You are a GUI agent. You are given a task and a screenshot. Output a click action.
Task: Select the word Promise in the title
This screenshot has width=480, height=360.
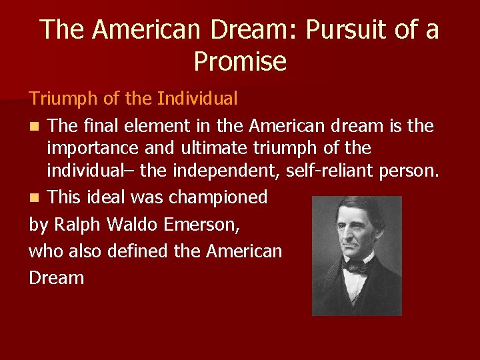pyautogui.click(x=240, y=61)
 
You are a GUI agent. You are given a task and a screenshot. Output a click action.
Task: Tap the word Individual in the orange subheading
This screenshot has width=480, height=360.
pyautogui.click(x=197, y=99)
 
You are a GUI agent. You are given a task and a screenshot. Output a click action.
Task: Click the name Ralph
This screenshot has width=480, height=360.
pyautogui.click(x=75, y=225)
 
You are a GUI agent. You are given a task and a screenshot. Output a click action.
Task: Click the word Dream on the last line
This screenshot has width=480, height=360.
pyautogui.click(x=57, y=277)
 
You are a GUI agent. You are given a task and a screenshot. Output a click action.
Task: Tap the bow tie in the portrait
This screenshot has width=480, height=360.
pyautogui.click(x=357, y=267)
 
